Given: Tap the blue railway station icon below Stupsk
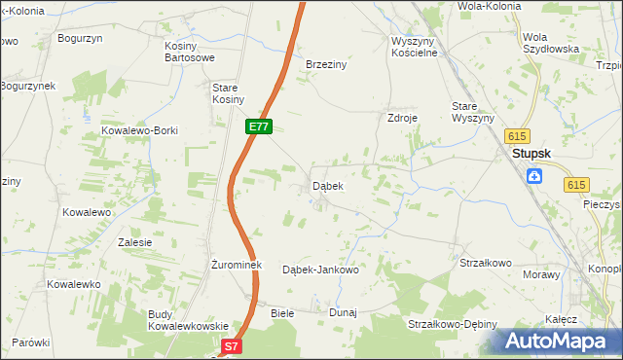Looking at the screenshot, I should point(534,176).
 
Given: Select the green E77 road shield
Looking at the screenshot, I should point(258,126).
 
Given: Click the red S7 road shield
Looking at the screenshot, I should point(230,345).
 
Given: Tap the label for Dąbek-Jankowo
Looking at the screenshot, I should point(320,270).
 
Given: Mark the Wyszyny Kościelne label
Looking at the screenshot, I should point(416,47).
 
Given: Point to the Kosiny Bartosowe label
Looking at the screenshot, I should point(189,53).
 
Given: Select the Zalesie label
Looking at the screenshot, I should point(134,242).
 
